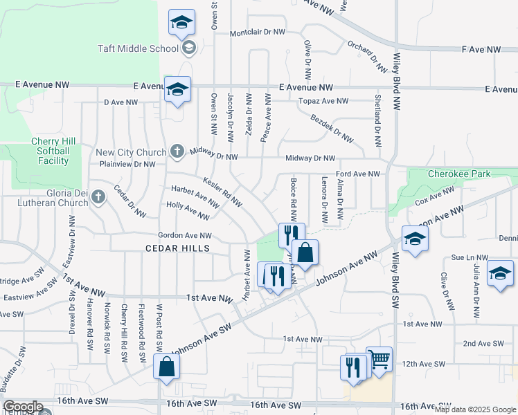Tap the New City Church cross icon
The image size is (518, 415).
pyautogui.click(x=177, y=151)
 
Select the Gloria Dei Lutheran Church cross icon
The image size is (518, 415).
pyautogui.click(x=98, y=197)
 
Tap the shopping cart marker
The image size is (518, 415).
pyautogui.click(x=379, y=360)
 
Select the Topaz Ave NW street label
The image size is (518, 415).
pyautogui.click(x=323, y=101)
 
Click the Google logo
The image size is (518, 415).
pyautogui.click(x=23, y=407)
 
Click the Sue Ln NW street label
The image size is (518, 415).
pyautogui.click(x=466, y=256)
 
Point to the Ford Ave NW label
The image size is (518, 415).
pyautogui.click(x=357, y=174)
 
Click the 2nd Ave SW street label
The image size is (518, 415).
pyautogui.click(x=483, y=343)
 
